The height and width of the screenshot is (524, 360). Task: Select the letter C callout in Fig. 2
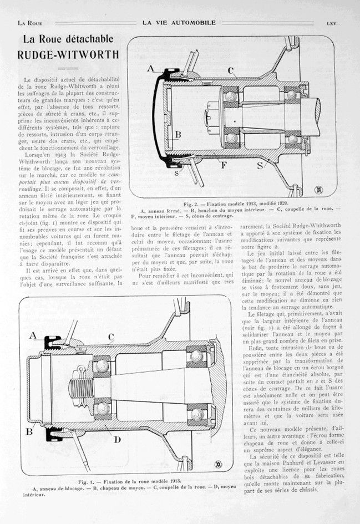pyautogui.click(x=230, y=70)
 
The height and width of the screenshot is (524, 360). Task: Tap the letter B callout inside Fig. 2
pyautogui.click(x=178, y=134)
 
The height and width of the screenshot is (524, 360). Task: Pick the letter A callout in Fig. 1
pyautogui.click(x=32, y=335)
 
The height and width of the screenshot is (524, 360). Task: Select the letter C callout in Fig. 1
pyautogui.click(x=111, y=337)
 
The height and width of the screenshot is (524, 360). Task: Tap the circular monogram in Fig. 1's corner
pyautogui.click(x=206, y=464)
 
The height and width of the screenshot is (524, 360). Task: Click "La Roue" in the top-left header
pyautogui.click(x=31, y=23)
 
